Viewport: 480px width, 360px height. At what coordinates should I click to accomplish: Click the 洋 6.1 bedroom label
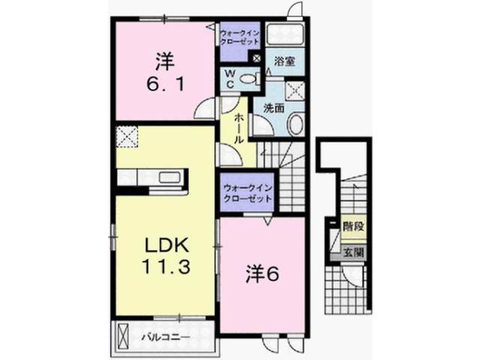point(166,72)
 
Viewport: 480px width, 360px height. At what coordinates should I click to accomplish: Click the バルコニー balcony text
point(166,337)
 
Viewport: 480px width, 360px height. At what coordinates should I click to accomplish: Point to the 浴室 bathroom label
point(284,61)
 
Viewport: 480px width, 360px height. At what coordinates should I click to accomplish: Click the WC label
point(230,79)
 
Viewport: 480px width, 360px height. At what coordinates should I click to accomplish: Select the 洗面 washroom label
point(274,108)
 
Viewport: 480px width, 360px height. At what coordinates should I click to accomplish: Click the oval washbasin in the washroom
point(295,124)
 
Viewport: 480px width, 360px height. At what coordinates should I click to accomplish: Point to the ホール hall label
point(238,129)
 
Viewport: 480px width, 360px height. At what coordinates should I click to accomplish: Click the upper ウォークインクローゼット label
point(240,37)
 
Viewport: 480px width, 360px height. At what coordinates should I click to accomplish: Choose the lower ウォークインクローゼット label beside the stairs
point(247,193)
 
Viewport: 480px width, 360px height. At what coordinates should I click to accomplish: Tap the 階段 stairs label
point(353,226)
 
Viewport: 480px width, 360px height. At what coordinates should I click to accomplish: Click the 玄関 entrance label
point(353,253)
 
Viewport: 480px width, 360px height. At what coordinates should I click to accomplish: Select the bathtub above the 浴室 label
point(285,34)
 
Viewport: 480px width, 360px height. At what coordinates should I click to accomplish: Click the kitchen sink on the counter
point(169,178)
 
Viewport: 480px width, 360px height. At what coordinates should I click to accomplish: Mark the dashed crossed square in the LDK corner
point(127,136)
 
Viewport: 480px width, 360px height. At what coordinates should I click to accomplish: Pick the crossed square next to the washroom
point(295,91)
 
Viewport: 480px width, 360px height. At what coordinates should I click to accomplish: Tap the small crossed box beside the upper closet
point(256,58)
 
